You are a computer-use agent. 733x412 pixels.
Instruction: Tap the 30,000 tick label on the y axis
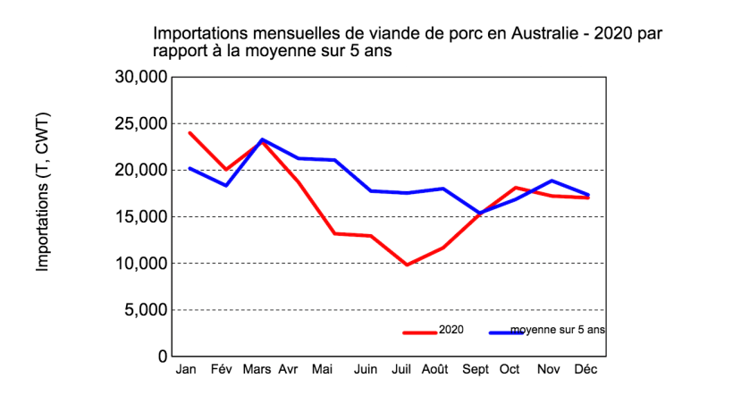tap(140, 77)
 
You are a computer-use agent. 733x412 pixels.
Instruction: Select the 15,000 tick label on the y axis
tap(140, 217)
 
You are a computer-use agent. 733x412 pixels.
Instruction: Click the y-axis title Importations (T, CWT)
tap(42, 192)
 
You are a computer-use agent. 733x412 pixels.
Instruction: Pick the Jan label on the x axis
tap(187, 369)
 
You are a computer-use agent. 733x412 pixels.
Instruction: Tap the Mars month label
tap(257, 369)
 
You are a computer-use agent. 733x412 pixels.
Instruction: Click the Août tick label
tap(434, 369)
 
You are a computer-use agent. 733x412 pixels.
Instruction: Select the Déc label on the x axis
tap(586, 369)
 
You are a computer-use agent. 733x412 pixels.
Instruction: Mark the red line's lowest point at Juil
tap(407, 265)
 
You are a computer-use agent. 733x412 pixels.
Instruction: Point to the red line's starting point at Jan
tap(189, 132)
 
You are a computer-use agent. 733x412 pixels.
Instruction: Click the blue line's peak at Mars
tap(262, 139)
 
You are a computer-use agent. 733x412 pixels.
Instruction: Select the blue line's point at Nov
tap(552, 181)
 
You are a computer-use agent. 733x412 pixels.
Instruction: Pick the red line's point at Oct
tap(516, 188)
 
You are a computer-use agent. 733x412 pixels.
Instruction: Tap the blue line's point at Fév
tap(226, 185)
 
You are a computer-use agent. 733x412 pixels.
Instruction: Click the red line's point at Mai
tap(334, 233)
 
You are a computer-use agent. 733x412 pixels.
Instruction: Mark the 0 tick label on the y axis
tap(162, 357)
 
